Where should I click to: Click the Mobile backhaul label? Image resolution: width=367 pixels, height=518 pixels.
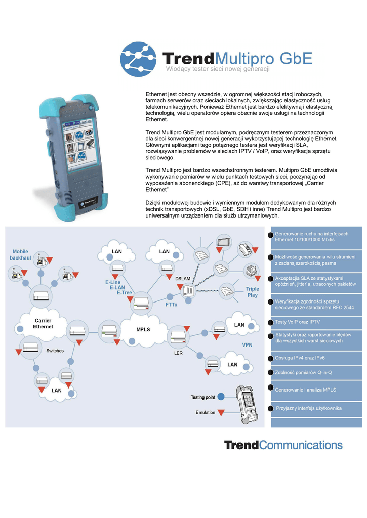[20, 254]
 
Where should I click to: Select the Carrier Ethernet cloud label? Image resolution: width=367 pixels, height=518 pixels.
[43, 324]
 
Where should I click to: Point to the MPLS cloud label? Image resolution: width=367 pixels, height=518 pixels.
[143, 330]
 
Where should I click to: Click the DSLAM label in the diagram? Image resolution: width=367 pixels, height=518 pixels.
[183, 279]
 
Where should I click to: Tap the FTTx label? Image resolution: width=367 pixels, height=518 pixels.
[171, 305]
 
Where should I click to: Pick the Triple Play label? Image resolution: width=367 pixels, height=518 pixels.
[252, 292]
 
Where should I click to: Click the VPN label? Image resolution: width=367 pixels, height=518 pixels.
[247, 344]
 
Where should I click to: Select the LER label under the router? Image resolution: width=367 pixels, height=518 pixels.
[178, 353]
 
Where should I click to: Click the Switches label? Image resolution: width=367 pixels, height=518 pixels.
[55, 351]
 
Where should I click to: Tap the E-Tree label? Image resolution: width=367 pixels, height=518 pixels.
[125, 292]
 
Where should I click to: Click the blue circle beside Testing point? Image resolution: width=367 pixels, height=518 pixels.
[221, 397]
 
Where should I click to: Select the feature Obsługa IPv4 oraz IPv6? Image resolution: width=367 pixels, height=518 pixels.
[300, 358]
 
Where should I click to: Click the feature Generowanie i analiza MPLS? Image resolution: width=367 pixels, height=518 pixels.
[305, 390]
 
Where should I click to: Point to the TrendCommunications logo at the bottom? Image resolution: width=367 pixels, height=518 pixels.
[283, 445]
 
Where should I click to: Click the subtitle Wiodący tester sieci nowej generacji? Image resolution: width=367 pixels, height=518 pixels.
[218, 69]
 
